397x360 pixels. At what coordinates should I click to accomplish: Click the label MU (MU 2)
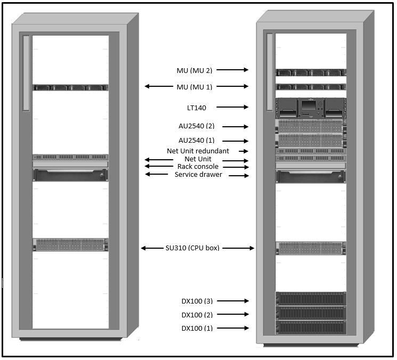tap(194, 70)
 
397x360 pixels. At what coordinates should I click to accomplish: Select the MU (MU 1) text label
tap(194, 87)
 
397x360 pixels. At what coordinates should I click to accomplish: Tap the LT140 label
tap(196, 108)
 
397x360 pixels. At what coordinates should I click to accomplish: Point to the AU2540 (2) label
tap(197, 127)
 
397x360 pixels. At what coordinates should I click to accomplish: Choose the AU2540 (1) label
tap(197, 141)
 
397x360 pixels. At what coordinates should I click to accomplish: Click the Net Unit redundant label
tap(198, 151)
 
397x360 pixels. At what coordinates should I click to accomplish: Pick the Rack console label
tap(198, 167)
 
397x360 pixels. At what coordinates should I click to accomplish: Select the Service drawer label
tap(198, 175)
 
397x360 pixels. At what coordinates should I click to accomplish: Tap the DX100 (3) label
tap(197, 301)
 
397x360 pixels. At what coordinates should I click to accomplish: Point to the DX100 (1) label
tap(197, 329)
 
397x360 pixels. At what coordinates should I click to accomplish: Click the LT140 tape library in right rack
tap(310, 108)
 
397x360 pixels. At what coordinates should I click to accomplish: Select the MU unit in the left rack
tap(70, 87)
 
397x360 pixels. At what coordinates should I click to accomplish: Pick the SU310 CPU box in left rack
tap(70, 245)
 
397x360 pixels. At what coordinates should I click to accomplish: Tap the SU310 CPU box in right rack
tap(310, 248)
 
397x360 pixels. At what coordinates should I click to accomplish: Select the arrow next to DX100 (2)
tap(234, 315)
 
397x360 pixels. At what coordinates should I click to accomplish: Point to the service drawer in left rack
tap(70, 175)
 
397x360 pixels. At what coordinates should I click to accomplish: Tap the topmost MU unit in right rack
tap(310, 73)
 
